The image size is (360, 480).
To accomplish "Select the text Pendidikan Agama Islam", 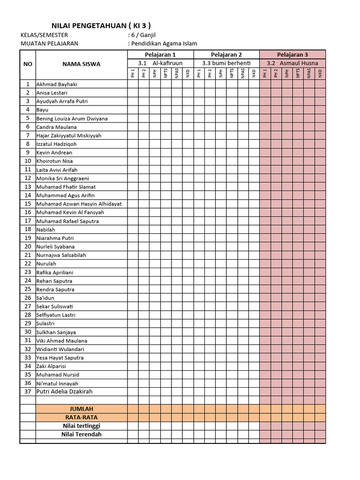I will click(164, 44).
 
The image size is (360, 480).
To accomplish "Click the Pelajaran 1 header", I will click(160, 54).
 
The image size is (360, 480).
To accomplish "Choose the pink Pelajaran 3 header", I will click(292, 54).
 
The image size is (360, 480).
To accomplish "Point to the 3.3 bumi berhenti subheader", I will click(226, 63).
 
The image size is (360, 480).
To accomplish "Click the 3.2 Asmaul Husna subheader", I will click(292, 63).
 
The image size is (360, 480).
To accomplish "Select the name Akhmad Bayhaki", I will click(57, 84).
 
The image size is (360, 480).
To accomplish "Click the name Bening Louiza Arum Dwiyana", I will click(72, 119).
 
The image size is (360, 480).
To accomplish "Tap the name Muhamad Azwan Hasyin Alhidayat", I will click(79, 204).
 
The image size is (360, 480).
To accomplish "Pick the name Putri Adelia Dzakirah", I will click(64, 391).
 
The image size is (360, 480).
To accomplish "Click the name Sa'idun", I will click(46, 298).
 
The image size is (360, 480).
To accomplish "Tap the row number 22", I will click(28, 263).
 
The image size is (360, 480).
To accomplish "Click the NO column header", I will click(28, 64).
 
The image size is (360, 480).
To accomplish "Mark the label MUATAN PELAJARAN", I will click(50, 44).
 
